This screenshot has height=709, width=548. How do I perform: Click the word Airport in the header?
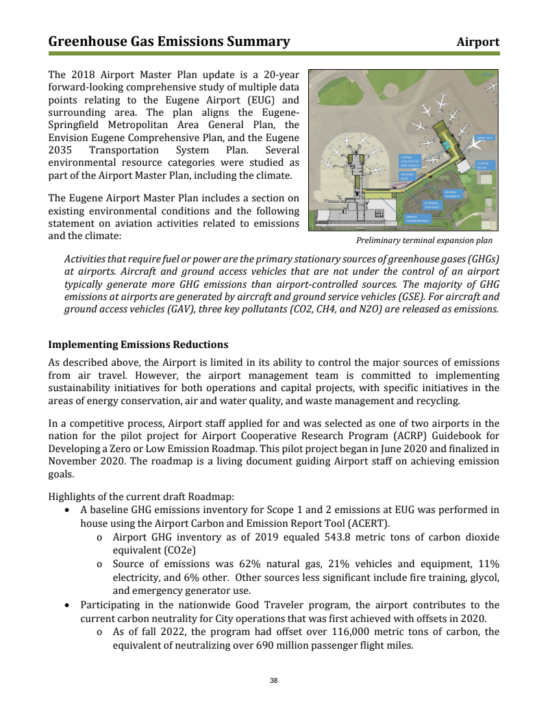pos(478,42)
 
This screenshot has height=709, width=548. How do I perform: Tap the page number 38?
pos(274,680)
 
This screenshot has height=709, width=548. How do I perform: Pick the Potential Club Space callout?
pos(432,205)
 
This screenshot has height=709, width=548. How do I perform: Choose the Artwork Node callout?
pos(408,176)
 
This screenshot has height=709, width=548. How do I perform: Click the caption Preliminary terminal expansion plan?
pos(424,241)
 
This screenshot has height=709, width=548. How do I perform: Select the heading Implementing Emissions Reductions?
pos(138,344)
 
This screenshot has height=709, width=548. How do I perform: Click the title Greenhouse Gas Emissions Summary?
pos(169,42)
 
